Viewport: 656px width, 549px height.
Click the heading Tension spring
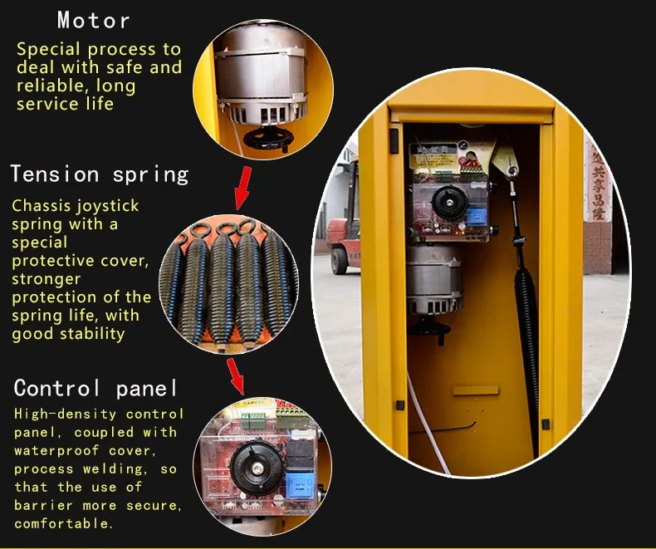pyautogui.click(x=100, y=174)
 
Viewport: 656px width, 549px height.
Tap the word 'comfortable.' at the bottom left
pyautogui.click(x=62, y=523)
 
